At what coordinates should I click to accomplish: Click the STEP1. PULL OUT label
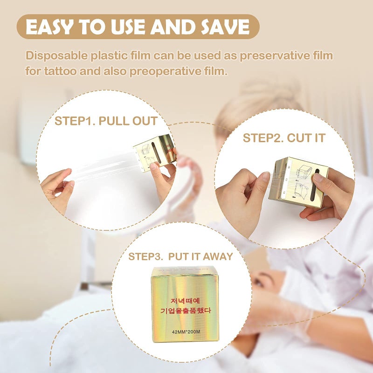click(106, 122)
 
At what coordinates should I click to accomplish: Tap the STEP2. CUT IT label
click(284, 138)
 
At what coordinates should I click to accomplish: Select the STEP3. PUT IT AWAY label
click(180, 256)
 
